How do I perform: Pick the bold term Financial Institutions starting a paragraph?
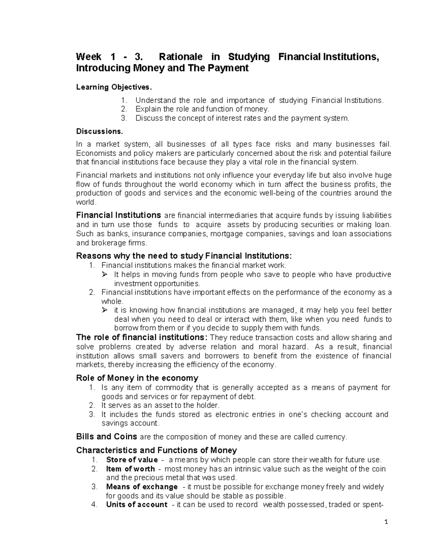click(118, 215)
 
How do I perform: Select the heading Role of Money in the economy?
click(137, 378)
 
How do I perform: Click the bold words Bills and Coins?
click(107, 437)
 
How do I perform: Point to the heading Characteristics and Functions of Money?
click(157, 450)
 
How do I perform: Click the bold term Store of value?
click(132, 460)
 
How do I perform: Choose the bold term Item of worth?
click(130, 469)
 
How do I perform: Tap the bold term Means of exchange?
click(142, 487)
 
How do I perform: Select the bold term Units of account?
click(137, 504)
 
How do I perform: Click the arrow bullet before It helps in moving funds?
click(105, 275)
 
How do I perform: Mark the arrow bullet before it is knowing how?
click(105, 310)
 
